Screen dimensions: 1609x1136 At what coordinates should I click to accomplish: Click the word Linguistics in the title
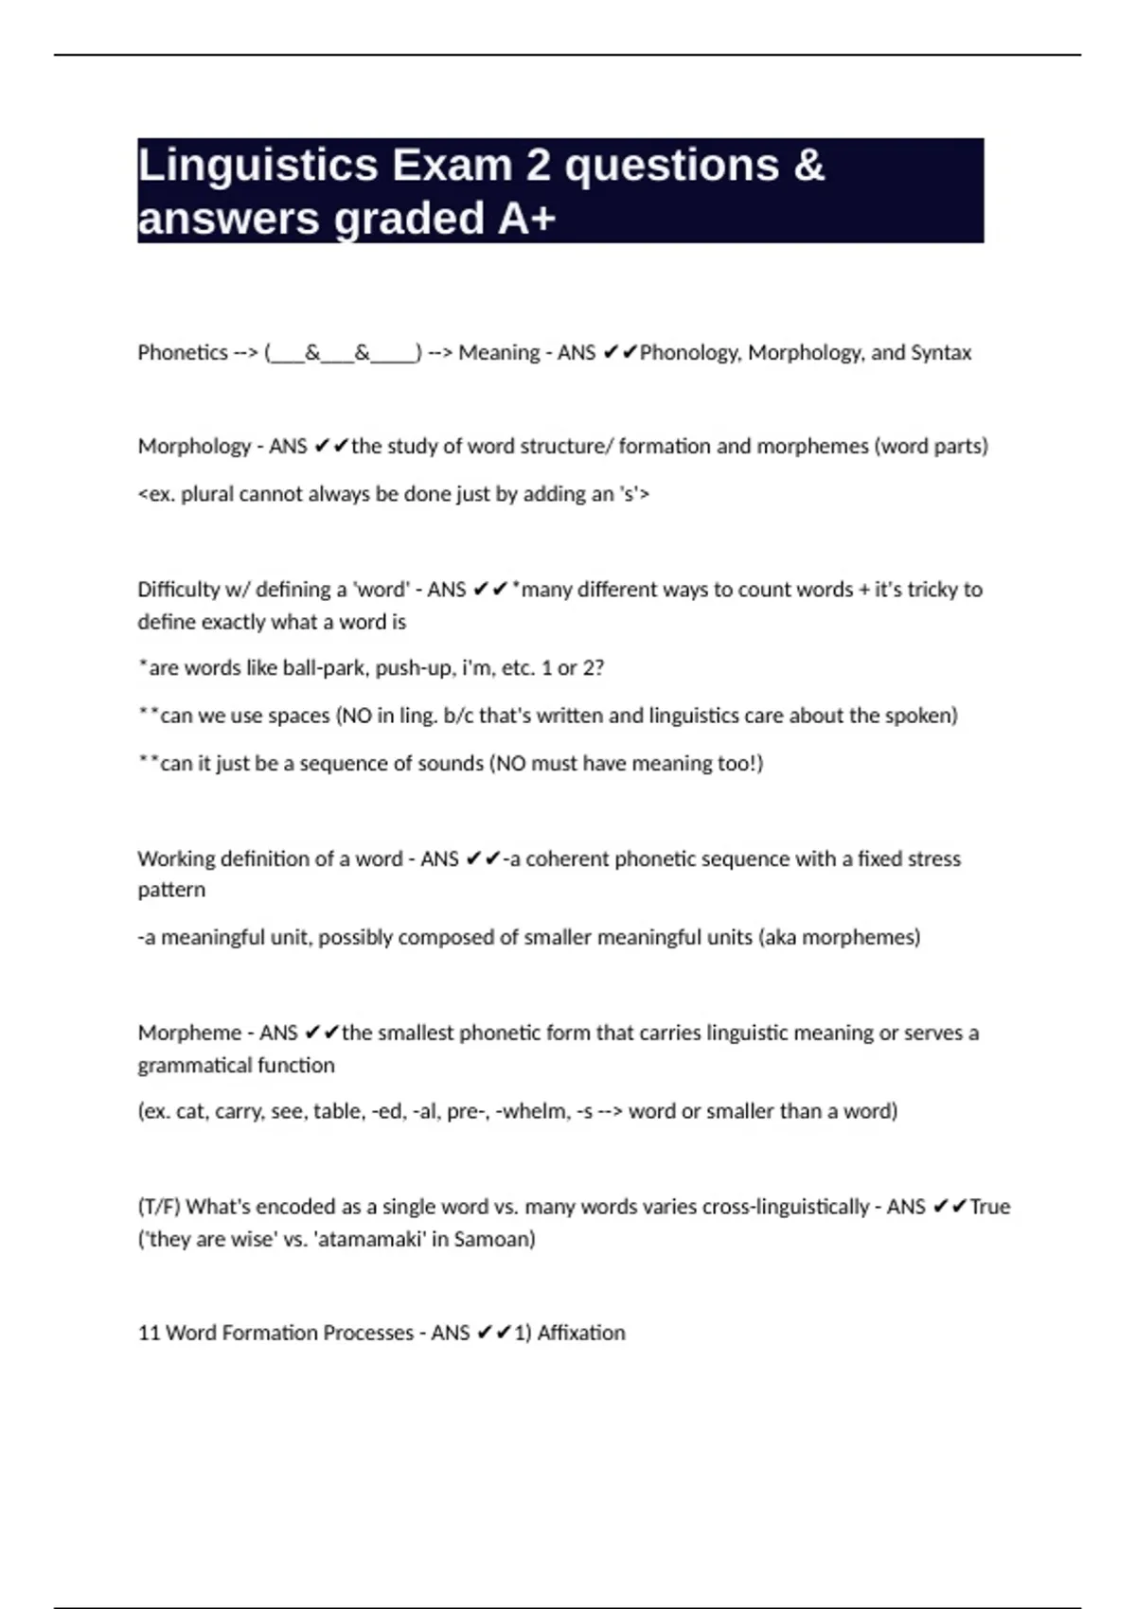tap(257, 166)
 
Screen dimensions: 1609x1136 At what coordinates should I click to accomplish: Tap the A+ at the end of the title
tap(526, 219)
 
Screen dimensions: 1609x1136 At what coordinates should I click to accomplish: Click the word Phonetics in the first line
tap(183, 353)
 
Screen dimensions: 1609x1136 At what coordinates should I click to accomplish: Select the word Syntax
tap(941, 353)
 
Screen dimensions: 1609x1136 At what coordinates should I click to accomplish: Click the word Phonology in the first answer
tap(690, 353)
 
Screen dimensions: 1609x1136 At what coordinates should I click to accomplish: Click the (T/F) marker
tap(159, 1207)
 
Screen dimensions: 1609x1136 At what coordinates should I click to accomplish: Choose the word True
tap(990, 1207)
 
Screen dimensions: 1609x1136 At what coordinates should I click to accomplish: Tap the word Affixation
tap(581, 1333)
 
